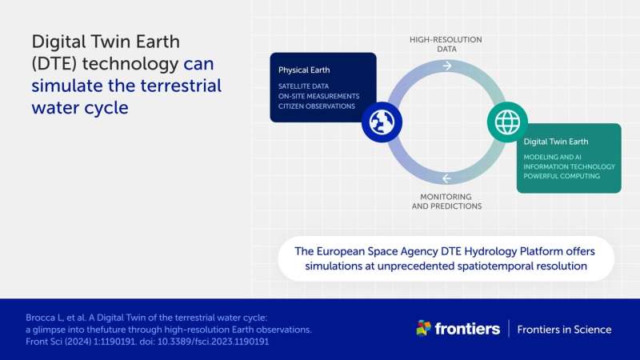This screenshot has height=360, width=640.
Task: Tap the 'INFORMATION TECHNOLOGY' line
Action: coord(570,166)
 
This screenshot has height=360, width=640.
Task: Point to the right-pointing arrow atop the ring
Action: coord(446,66)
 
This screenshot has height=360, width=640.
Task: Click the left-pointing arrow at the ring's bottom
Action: coord(446,178)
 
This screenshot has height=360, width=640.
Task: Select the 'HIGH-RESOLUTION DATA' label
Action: coord(446,43)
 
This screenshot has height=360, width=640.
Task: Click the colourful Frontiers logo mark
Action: coord(424,328)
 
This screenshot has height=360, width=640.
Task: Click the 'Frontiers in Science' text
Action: coord(564,329)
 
